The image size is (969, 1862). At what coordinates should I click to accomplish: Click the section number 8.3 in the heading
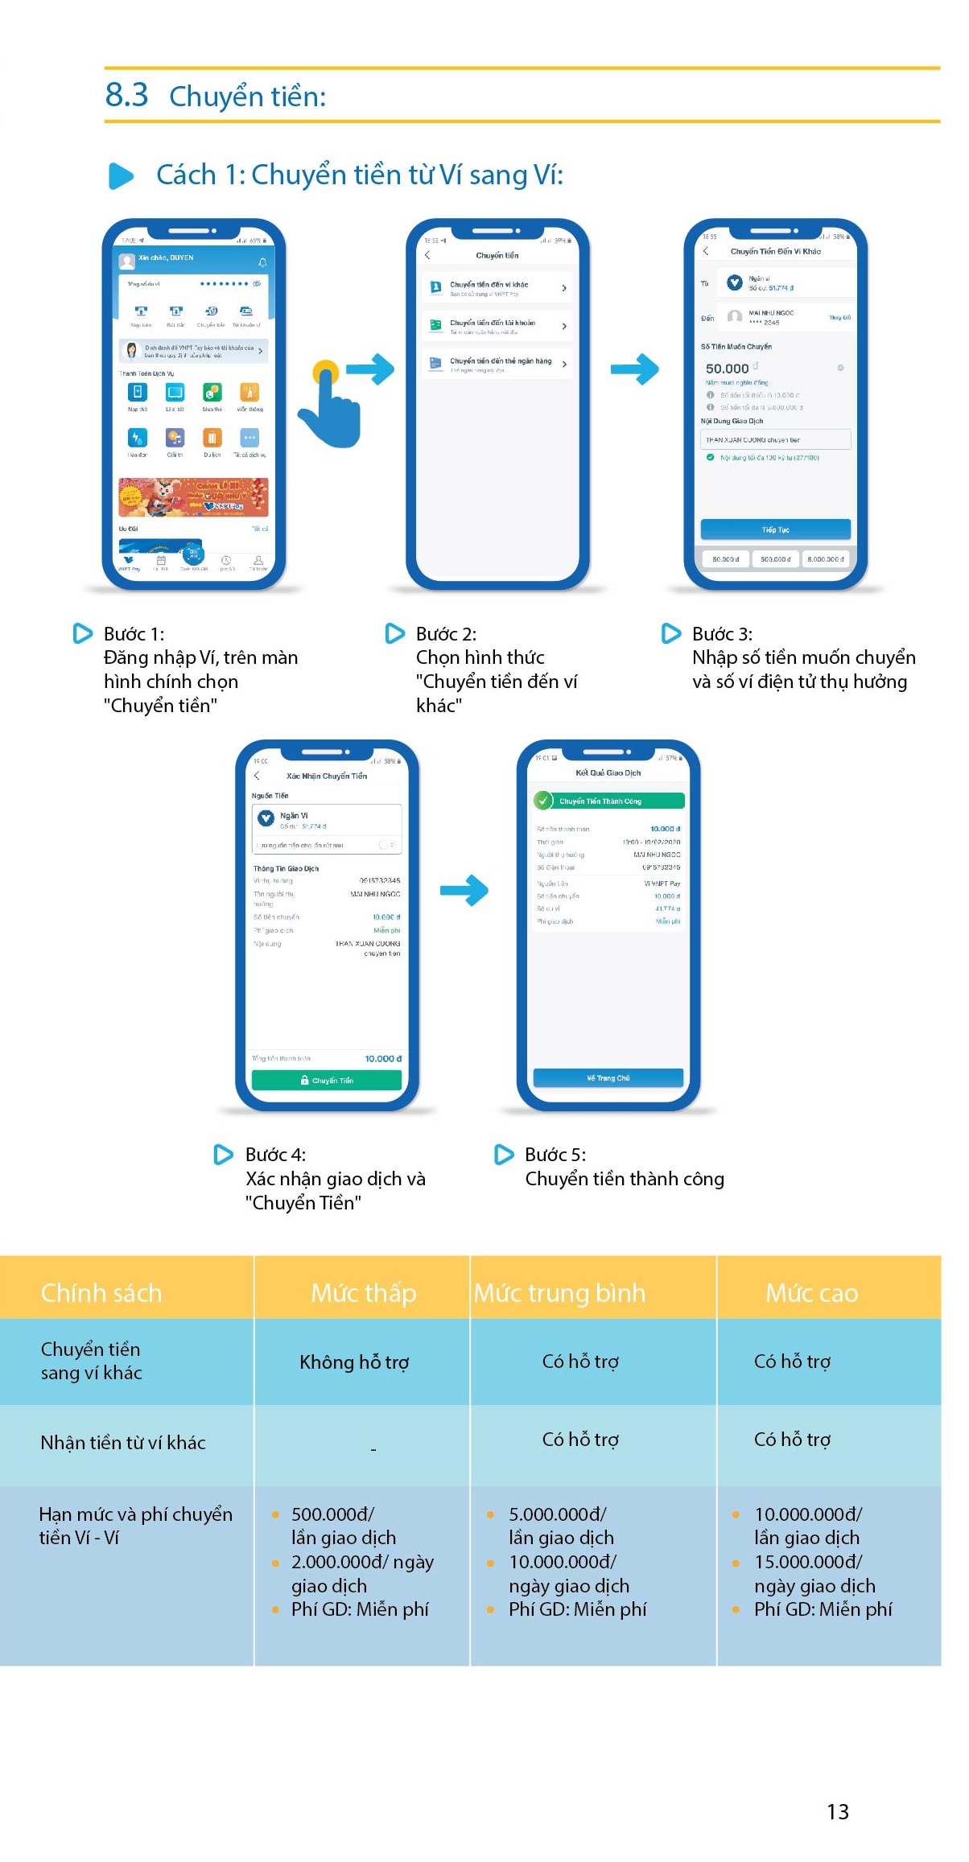click(126, 96)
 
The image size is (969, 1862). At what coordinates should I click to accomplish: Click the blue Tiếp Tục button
click(775, 529)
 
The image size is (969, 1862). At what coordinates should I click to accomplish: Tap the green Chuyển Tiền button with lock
click(327, 1080)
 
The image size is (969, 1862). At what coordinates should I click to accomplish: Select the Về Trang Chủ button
click(608, 1077)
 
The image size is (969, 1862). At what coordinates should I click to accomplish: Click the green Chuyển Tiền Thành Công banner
click(608, 801)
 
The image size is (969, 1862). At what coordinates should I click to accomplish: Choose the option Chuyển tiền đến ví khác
click(497, 288)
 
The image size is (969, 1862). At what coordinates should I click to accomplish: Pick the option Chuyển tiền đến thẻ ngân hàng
click(497, 364)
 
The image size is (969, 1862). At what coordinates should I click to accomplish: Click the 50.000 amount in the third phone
click(727, 369)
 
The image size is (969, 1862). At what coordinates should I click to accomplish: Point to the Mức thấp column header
click(363, 1292)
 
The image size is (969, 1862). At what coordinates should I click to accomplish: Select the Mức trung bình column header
click(559, 1292)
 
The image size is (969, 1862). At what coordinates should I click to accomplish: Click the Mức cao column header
click(811, 1292)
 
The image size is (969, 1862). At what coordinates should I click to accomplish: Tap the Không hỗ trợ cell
click(354, 1361)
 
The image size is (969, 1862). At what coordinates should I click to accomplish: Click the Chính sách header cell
click(101, 1292)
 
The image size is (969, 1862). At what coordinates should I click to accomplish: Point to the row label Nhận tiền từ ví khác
click(123, 1442)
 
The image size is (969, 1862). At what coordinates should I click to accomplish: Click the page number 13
click(837, 1811)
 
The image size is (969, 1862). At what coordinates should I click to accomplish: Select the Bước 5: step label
click(555, 1155)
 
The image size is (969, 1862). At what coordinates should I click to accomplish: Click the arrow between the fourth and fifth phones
click(464, 890)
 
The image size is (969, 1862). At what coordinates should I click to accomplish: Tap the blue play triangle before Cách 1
click(121, 175)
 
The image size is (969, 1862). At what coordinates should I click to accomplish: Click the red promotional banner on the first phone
click(193, 497)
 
